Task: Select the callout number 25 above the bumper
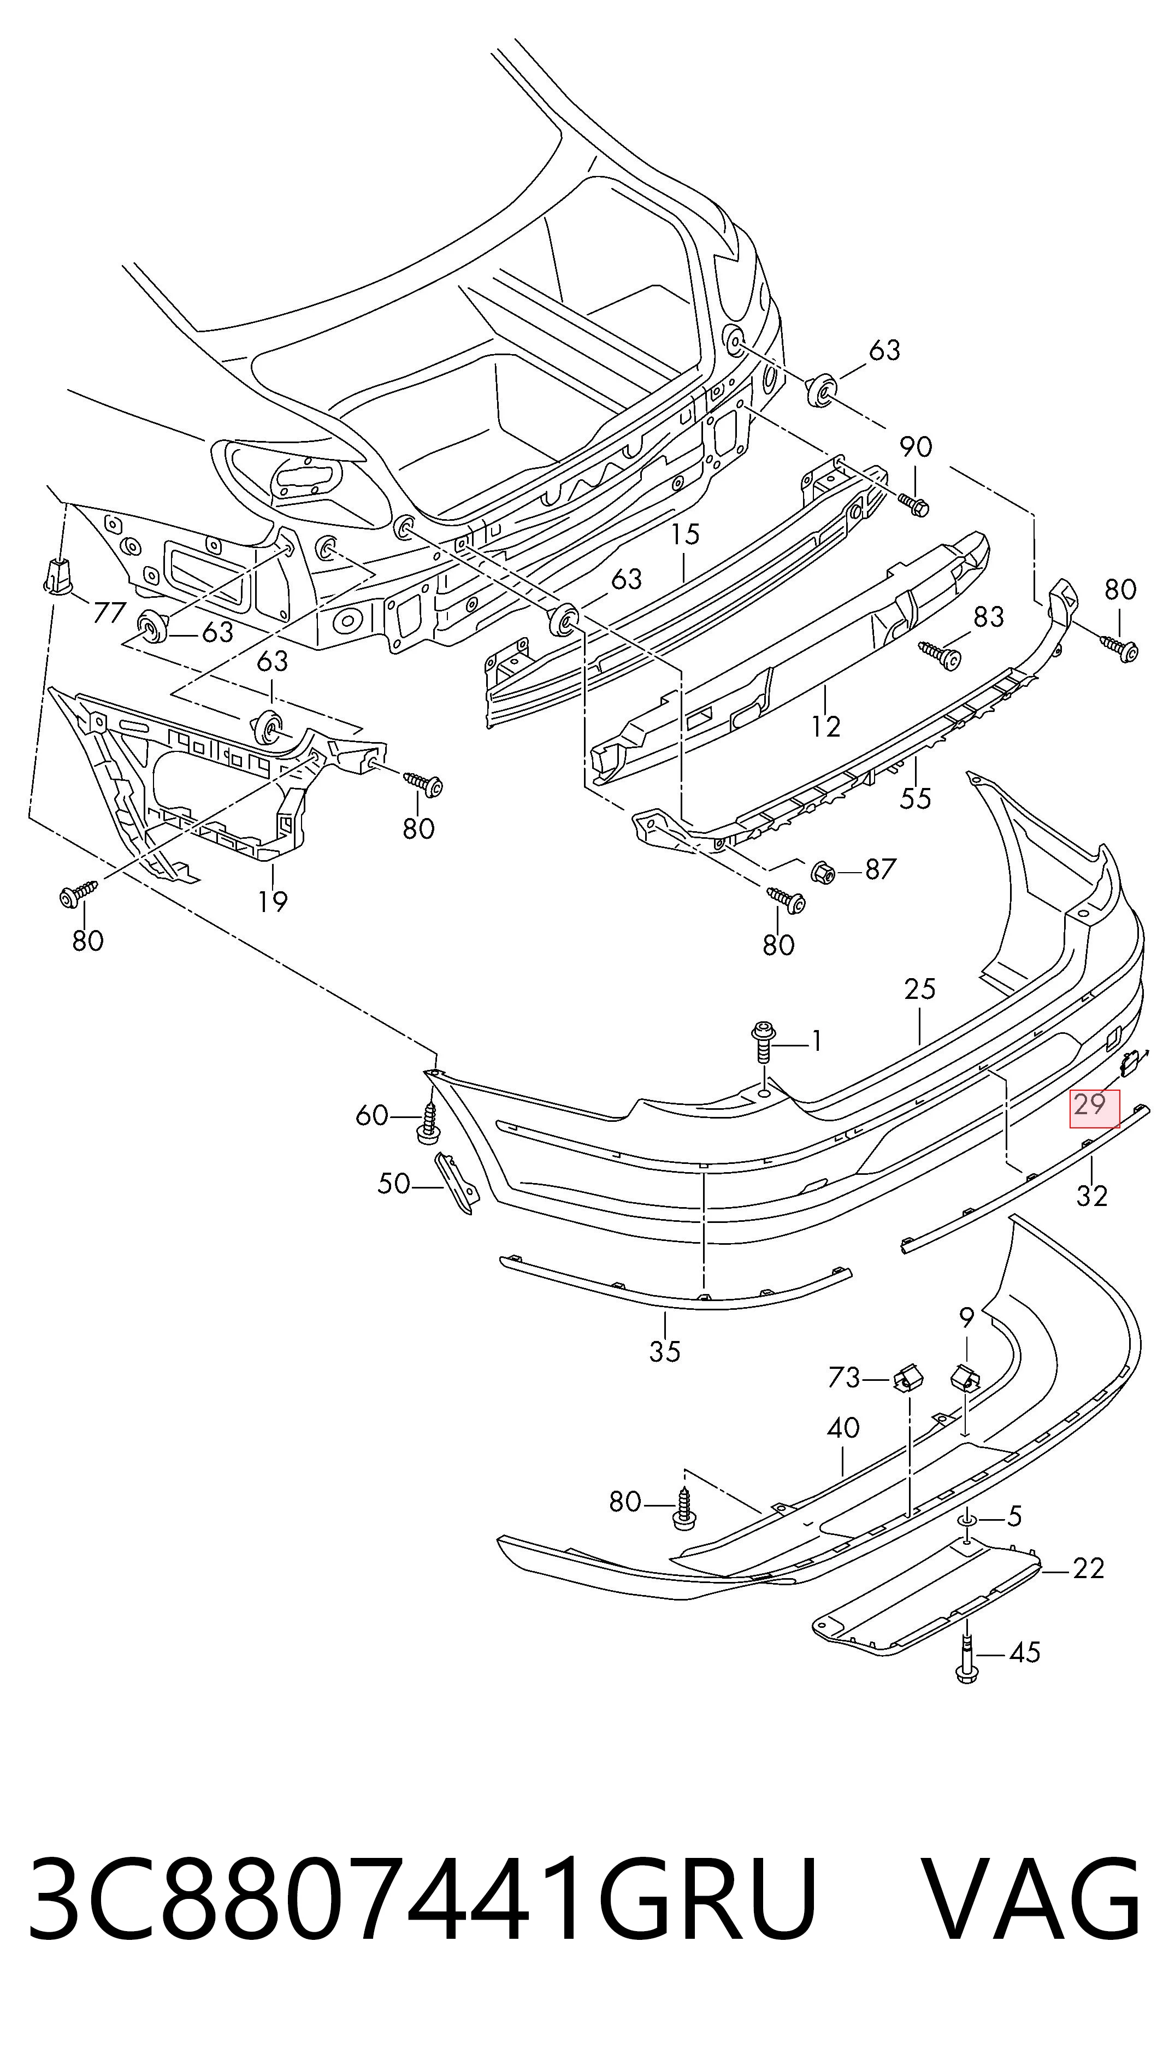point(920,989)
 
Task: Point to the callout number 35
point(665,1351)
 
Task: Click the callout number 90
point(916,448)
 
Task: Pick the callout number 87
point(880,869)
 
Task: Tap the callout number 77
point(110,613)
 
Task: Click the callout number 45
point(1024,1652)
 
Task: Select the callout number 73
point(844,1378)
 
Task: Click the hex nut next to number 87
point(823,870)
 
